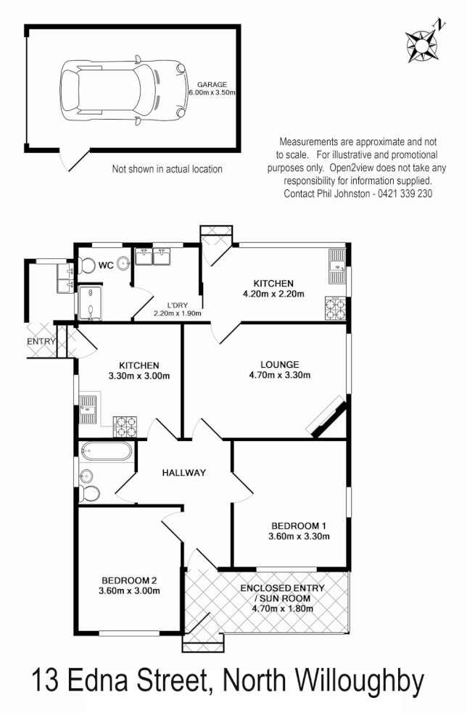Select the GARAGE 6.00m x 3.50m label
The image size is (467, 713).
211,88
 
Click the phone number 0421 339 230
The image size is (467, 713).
402,194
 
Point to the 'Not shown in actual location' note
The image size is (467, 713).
167,169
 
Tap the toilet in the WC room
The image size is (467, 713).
88,265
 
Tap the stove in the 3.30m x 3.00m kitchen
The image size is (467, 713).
125,426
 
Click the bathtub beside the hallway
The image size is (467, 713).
106,453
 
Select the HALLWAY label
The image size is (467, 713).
183,472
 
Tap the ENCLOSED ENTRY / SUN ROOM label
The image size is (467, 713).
282,598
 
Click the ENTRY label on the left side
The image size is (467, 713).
41,341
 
